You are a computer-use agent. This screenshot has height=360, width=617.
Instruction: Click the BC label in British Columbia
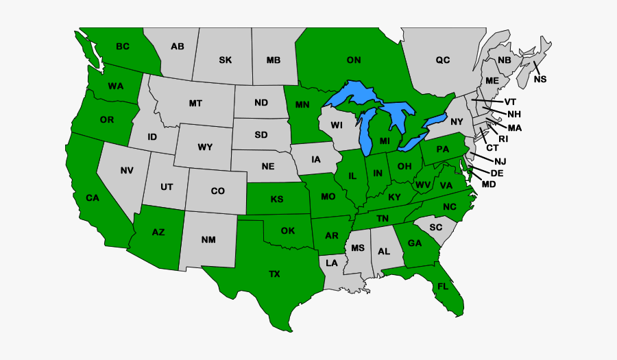(x=123, y=47)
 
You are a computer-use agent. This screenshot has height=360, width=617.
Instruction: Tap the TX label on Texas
(x=274, y=274)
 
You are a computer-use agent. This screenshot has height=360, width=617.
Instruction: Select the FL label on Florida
(x=443, y=287)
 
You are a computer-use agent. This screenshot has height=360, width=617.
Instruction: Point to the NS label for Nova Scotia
(x=540, y=80)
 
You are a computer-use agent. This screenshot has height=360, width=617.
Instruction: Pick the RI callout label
(x=503, y=139)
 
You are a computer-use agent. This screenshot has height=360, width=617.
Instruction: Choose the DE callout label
(x=497, y=173)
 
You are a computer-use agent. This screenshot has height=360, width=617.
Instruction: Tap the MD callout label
(x=489, y=184)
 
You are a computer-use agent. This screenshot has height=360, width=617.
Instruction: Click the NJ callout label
(x=500, y=160)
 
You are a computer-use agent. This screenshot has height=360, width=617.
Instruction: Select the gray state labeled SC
(x=436, y=227)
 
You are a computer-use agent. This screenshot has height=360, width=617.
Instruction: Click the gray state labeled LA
(x=332, y=263)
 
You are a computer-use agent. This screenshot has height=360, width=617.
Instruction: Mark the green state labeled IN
(x=377, y=173)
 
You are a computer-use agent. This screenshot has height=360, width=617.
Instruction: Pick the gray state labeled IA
(x=315, y=160)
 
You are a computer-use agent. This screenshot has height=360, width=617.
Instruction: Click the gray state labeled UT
(x=167, y=187)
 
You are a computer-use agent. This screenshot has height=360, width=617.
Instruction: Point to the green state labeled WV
(x=422, y=185)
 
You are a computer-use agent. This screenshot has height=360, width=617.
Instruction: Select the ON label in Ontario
(x=354, y=60)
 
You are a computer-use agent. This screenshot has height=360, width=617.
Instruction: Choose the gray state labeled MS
(x=357, y=248)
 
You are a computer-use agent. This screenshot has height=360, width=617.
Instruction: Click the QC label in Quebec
(x=443, y=60)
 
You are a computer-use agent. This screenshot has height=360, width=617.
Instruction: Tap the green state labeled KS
(x=277, y=200)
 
